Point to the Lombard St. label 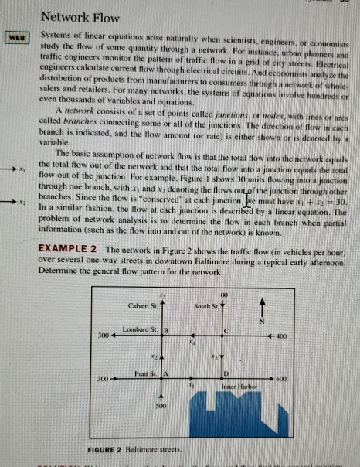coord(136,331)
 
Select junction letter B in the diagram coord(164,332)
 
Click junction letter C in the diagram coord(227,332)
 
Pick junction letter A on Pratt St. coord(164,373)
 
